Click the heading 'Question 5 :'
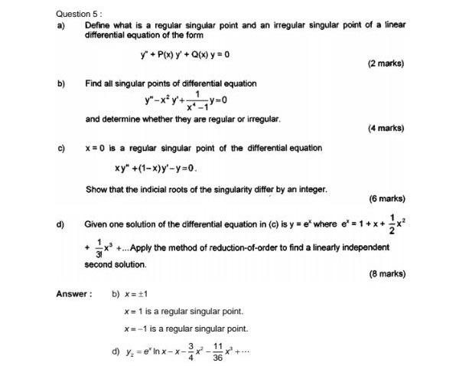point(80,13)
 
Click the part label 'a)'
point(60,25)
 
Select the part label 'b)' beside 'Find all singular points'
point(60,83)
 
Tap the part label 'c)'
point(60,148)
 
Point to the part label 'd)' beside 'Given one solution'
point(60,225)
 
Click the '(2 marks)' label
point(386,64)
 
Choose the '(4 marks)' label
point(386,128)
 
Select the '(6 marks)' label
point(386,198)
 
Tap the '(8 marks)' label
point(386,273)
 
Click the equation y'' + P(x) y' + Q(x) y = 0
point(185,54)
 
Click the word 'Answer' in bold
point(73,293)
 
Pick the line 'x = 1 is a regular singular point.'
point(184,311)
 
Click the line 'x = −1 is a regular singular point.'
point(186,328)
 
